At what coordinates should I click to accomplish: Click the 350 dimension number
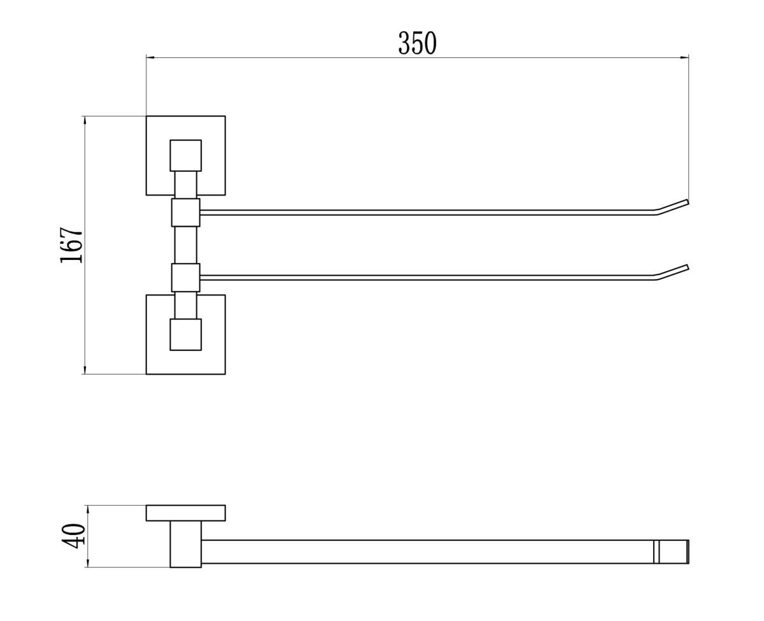click(x=417, y=43)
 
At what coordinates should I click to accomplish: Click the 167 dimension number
click(x=71, y=245)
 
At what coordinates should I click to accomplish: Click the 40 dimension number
click(x=74, y=536)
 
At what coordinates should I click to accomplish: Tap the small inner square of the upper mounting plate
click(x=185, y=155)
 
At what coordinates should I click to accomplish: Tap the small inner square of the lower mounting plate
click(x=185, y=334)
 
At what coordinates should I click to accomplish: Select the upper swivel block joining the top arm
click(x=185, y=212)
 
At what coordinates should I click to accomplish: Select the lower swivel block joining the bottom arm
click(x=185, y=277)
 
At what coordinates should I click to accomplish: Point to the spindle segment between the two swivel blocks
click(x=185, y=245)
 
